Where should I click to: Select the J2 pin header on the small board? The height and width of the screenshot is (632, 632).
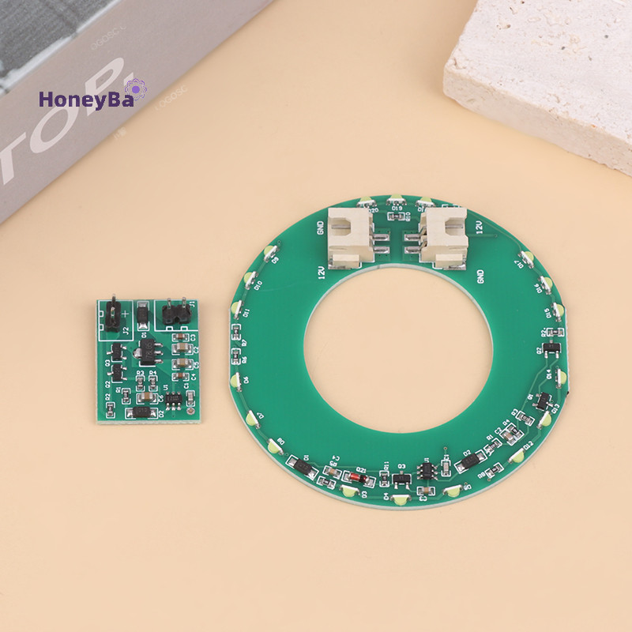pyautogui.click(x=112, y=313)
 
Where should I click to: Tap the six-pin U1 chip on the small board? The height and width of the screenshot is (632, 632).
pyautogui.click(x=175, y=397)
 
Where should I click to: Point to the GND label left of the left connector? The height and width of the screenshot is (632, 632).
pyautogui.click(x=321, y=228)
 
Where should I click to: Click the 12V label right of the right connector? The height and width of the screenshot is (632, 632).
pyautogui.click(x=480, y=228)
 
